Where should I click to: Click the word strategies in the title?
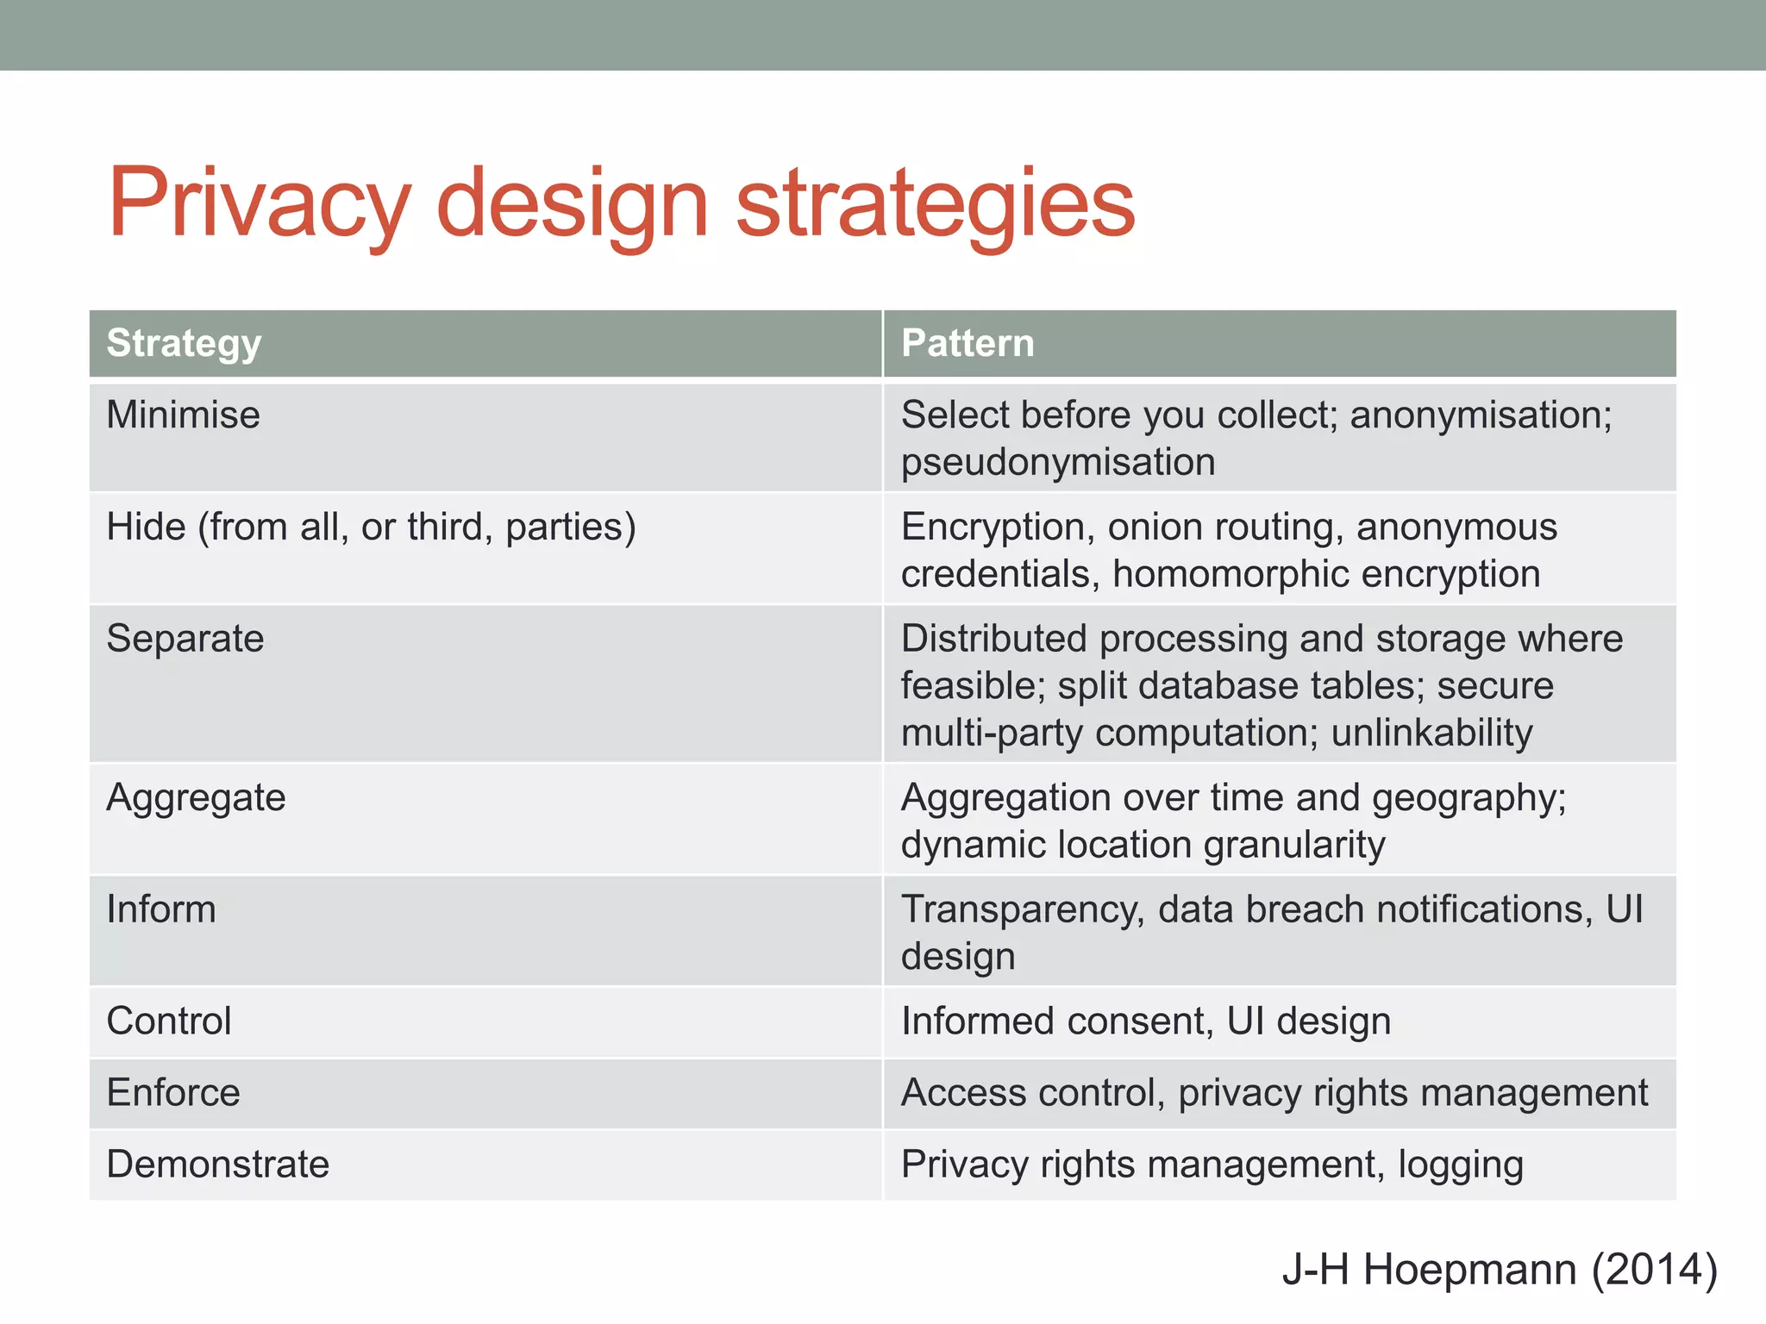[x=936, y=204]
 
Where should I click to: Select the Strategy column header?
[x=184, y=343]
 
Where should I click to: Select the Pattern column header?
[x=968, y=343]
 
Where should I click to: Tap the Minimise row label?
[x=183, y=415]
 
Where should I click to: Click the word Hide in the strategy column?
[x=146, y=527]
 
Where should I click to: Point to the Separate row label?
[x=185, y=639]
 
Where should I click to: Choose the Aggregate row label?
[x=196, y=797]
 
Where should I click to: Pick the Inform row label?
[x=161, y=909]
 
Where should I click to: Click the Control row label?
[x=169, y=1021]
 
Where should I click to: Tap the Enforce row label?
[x=173, y=1093]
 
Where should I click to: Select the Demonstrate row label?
[x=218, y=1165]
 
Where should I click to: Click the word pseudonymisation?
[x=1058, y=462]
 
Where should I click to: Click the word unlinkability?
[x=1431, y=733]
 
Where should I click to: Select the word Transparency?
[x=1023, y=909]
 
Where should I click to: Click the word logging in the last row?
[x=1460, y=1165]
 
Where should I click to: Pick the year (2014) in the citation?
[x=1654, y=1270]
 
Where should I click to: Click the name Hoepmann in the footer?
[x=1469, y=1270]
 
